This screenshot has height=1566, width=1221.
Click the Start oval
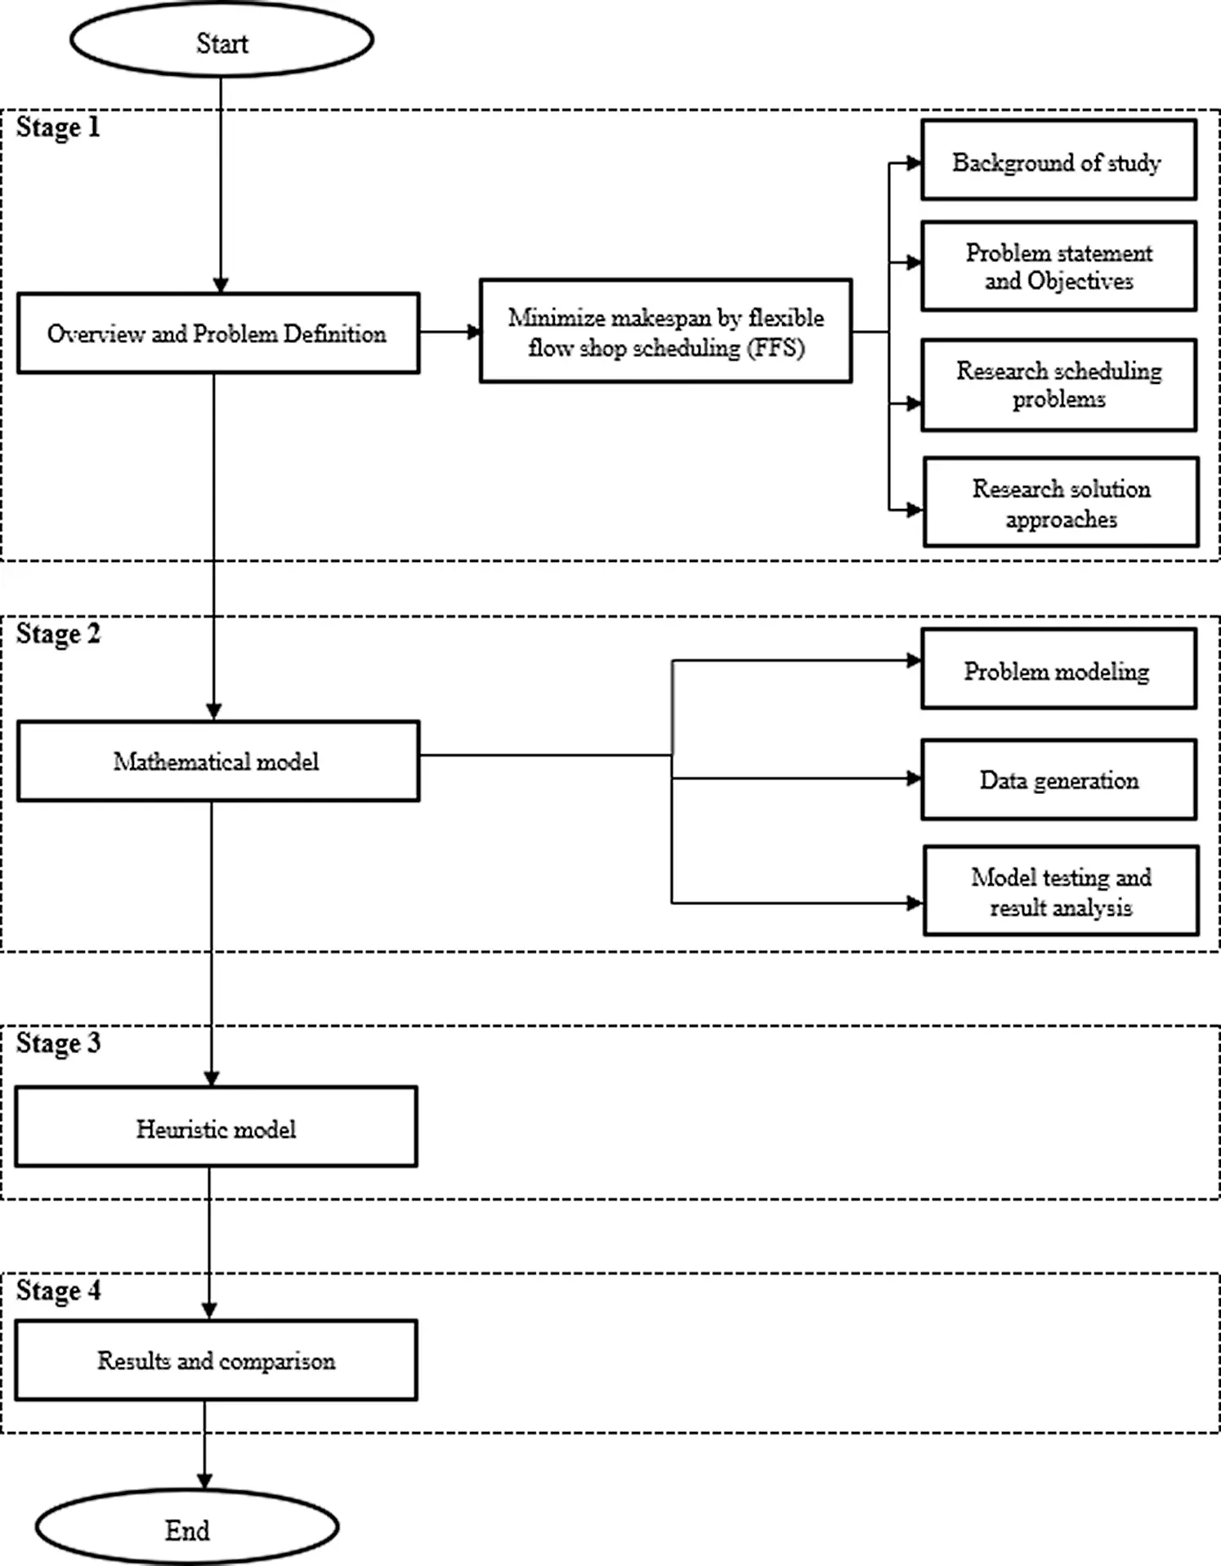221,40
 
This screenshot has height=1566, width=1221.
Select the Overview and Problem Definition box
218,333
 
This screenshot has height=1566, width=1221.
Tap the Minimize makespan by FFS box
665,331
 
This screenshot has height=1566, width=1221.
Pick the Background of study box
1058,160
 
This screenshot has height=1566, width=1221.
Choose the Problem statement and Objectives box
1058,265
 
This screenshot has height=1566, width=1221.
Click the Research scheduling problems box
1058,385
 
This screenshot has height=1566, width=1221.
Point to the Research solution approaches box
1061,502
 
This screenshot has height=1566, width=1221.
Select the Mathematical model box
218,761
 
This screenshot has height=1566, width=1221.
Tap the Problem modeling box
1058,668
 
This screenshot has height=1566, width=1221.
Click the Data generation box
1058,779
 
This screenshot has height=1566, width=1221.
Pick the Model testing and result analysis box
1061,890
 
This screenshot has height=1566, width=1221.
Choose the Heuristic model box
216,1127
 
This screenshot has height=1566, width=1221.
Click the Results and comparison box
216,1360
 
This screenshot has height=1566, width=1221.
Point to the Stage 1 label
58,127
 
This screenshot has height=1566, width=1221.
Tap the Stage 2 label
58,635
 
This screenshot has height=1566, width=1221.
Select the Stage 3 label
58,1043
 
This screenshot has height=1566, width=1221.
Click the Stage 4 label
58,1291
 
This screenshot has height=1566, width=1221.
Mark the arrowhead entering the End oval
204,1481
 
